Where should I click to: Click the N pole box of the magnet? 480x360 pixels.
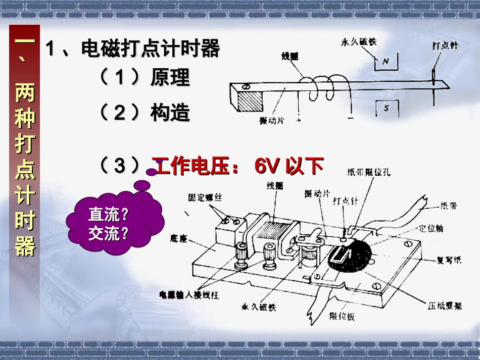386,62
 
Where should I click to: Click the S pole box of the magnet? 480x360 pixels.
387,108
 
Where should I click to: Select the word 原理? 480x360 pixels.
170,78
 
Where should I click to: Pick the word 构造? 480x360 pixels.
170,113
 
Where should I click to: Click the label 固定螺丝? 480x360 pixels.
205,198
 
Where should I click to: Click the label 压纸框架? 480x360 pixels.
444,306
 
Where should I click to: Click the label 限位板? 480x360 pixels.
342,316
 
